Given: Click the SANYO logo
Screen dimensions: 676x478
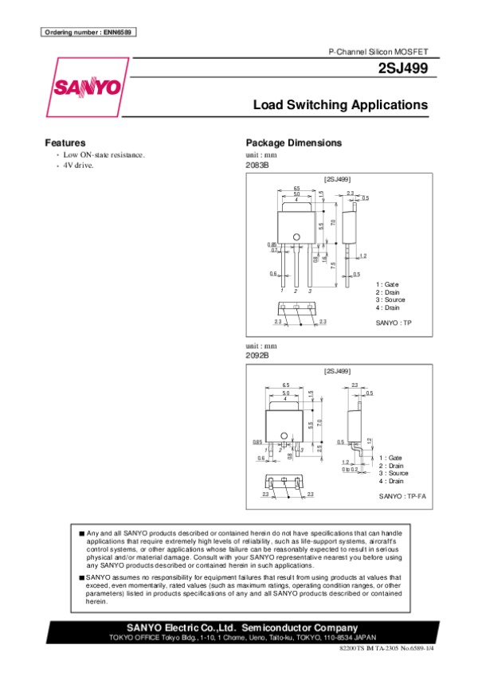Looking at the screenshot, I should (88, 87).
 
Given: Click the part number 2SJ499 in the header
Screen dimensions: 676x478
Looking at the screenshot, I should (406, 69).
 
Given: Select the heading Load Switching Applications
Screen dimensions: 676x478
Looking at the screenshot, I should (340, 105).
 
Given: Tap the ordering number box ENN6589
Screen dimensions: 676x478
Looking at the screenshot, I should (88, 32).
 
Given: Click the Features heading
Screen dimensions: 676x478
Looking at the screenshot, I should (65, 143).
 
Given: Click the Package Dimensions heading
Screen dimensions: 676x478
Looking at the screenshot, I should (293, 143).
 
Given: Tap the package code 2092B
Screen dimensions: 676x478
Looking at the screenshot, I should (257, 355).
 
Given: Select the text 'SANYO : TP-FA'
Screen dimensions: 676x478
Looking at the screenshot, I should (402, 496).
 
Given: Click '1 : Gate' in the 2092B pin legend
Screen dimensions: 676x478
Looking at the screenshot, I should (390, 458).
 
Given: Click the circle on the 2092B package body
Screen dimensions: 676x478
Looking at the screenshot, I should (284, 424).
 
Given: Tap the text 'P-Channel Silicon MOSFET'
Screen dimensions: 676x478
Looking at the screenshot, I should (378, 51).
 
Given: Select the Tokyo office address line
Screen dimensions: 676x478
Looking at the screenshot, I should (238, 639).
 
